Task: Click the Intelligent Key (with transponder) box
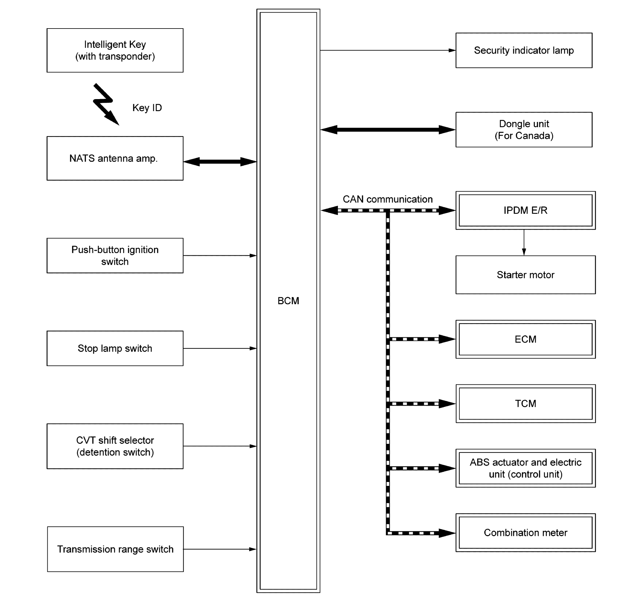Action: pos(115,50)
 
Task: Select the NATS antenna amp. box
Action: pos(115,158)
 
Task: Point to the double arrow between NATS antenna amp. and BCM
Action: pos(220,162)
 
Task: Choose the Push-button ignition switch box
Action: pos(115,256)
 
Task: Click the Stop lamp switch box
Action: pos(115,348)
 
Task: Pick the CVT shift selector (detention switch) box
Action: pos(115,446)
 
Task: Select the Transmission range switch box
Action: pos(115,549)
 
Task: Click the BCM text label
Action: pos(288,301)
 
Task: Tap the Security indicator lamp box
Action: pos(524,50)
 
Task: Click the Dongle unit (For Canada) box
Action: pos(524,129)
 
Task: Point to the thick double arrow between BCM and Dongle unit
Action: pos(388,129)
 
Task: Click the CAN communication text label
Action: pos(388,199)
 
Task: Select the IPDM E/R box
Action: pos(525,210)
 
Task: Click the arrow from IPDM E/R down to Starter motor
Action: pos(524,243)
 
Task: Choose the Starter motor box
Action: pos(525,275)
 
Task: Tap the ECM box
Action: pos(525,339)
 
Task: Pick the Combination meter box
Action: pos(525,533)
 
